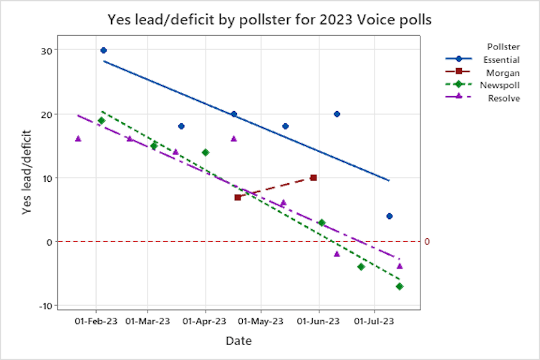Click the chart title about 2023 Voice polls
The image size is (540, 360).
[x=269, y=19]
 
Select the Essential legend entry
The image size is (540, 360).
[x=501, y=59]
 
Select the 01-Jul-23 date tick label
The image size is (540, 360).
[x=374, y=321]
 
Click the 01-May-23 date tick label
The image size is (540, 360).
[x=261, y=321]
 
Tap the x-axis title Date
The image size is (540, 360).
[x=238, y=341]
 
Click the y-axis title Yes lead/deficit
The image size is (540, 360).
[x=26, y=177]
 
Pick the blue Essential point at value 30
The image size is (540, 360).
[x=103, y=50]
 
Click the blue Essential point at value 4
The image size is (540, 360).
[x=389, y=216]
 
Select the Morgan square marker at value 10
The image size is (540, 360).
[x=314, y=177]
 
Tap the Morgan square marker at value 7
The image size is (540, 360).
[x=237, y=197]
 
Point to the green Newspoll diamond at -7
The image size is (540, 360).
[x=400, y=286]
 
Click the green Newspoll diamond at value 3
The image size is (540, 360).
[x=322, y=223]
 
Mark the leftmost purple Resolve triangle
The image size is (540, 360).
[x=78, y=139]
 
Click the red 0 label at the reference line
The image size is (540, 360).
[x=427, y=242]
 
